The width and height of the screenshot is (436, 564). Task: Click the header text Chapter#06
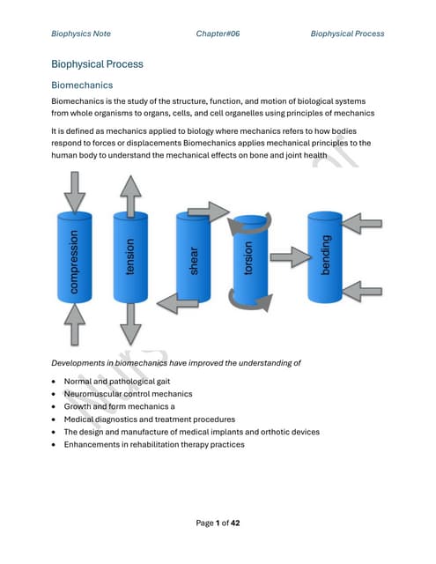218,33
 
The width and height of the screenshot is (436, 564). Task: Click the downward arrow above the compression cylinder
77,192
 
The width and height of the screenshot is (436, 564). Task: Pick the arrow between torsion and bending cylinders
287,260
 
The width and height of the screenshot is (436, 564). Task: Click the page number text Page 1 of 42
218,523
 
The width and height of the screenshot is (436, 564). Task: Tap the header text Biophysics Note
81,33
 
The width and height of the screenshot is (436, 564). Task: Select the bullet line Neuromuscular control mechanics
129,394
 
